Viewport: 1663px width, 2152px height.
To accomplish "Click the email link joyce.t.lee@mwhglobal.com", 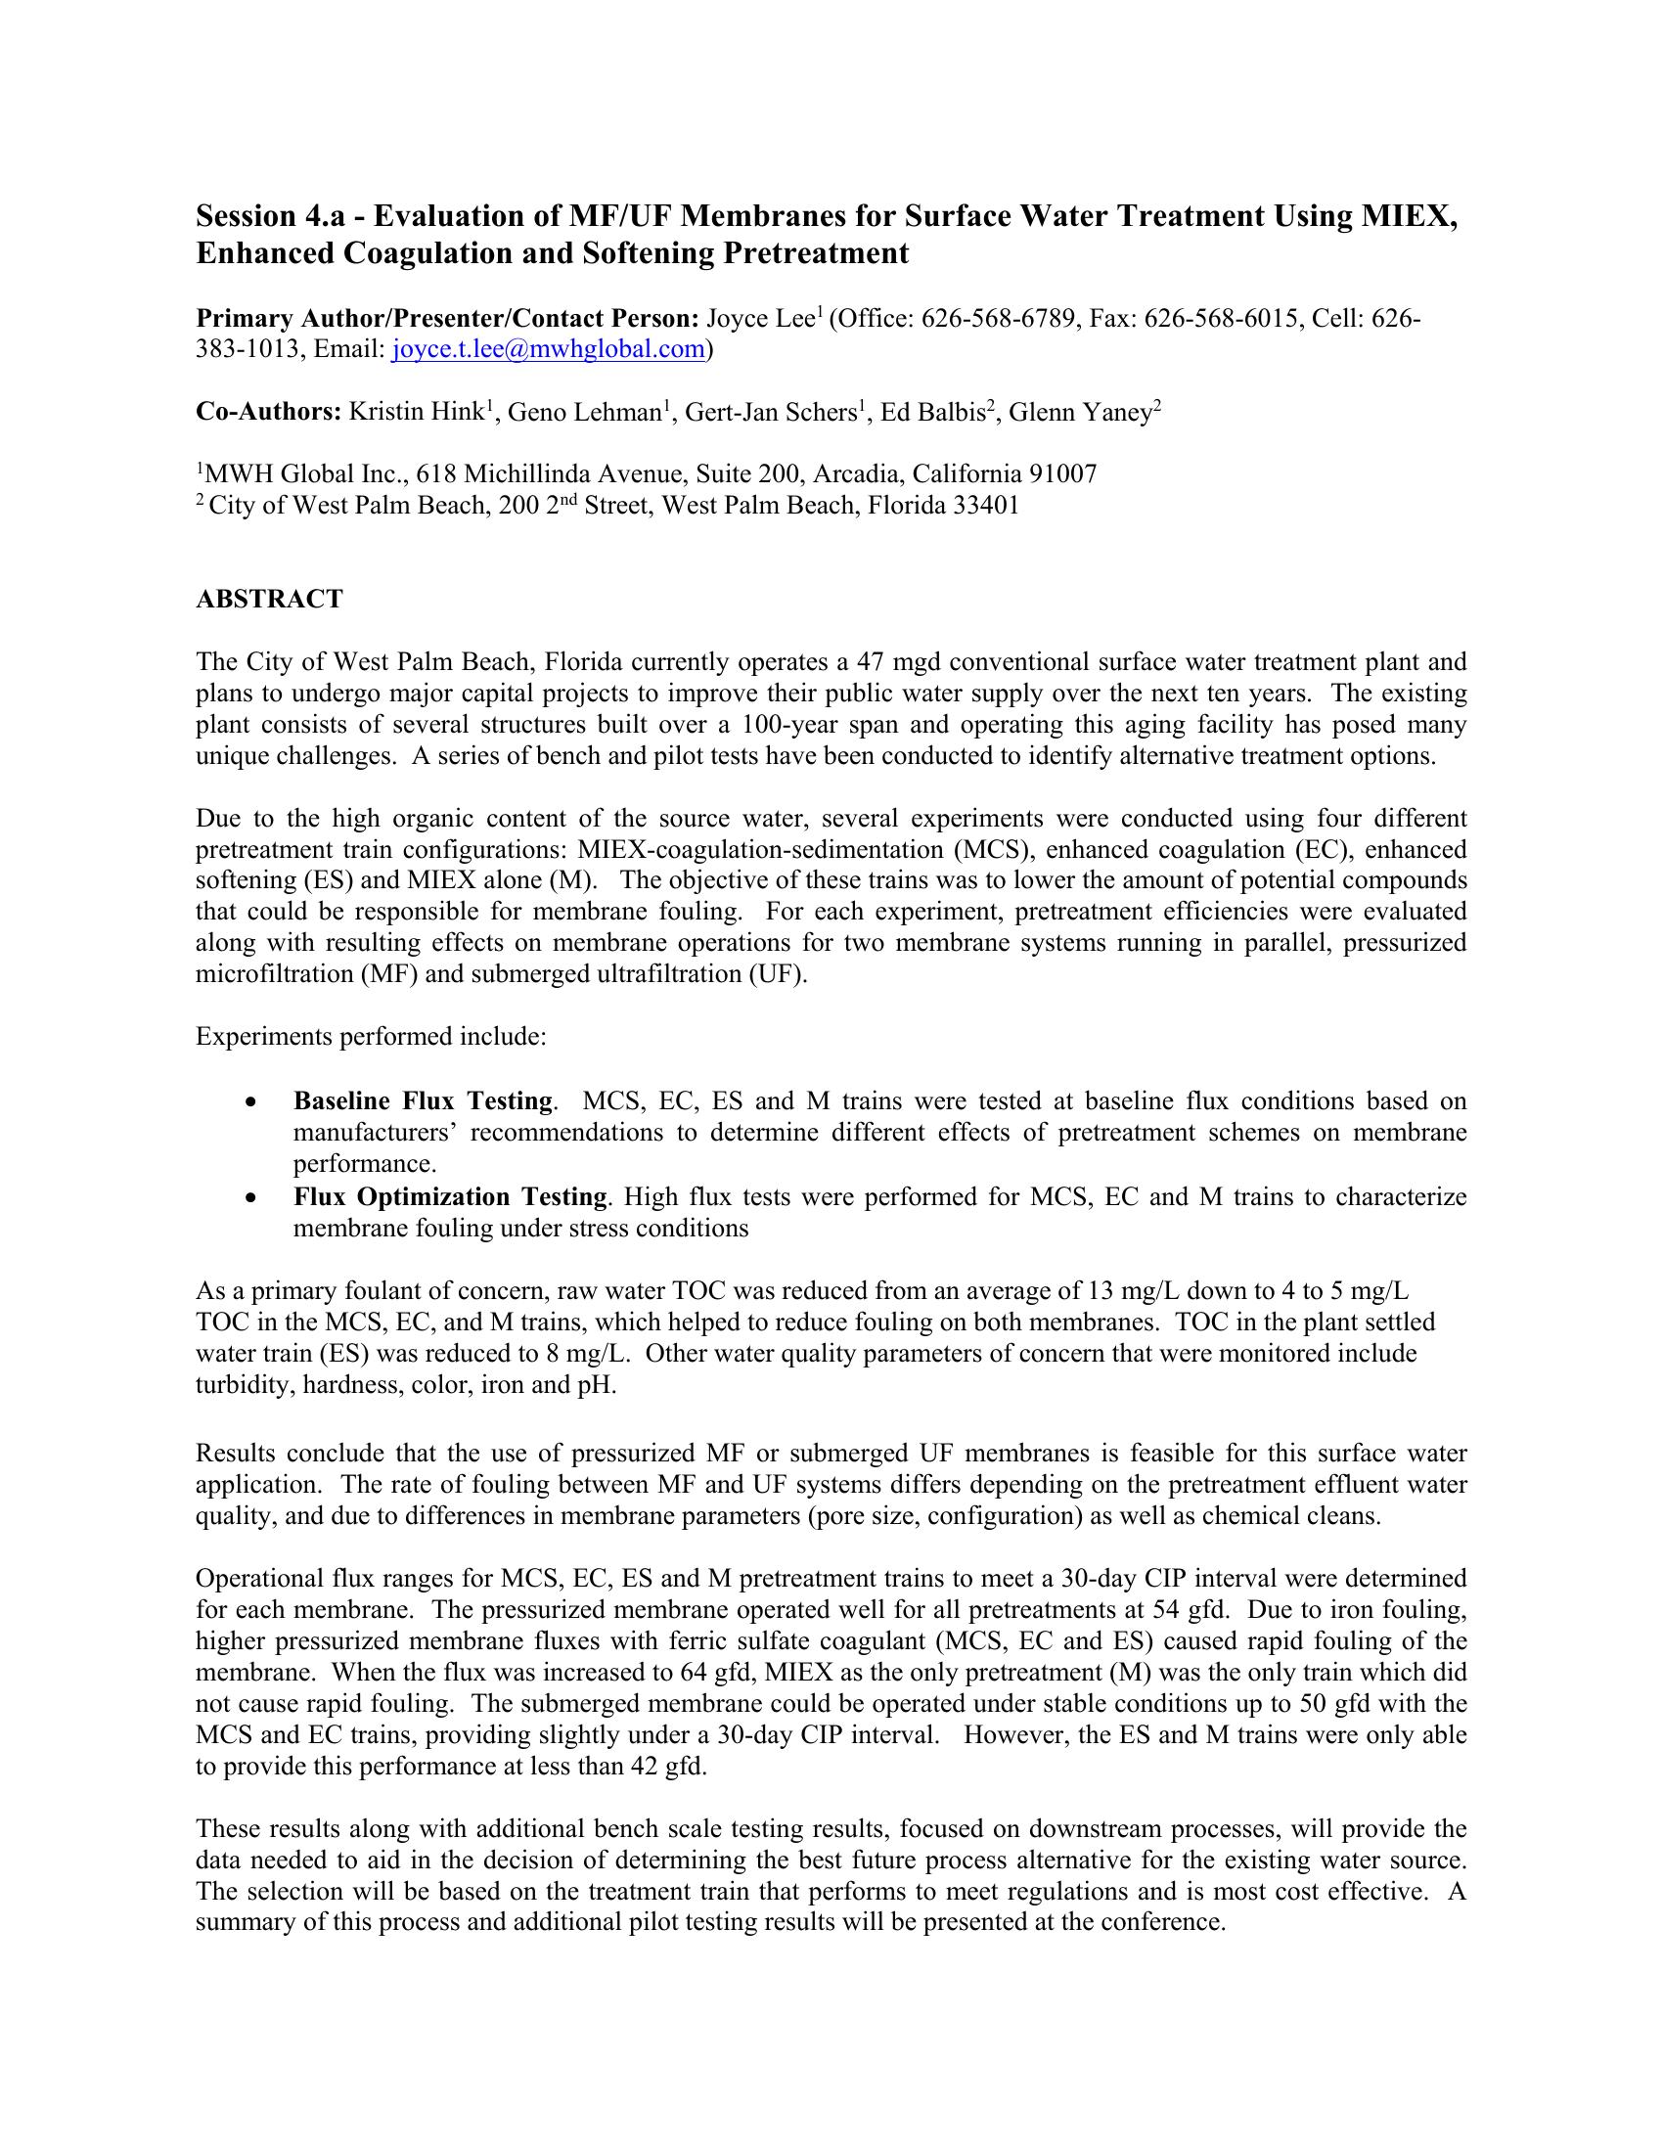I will click(x=548, y=350).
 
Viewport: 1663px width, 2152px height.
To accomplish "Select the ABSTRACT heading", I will click(x=269, y=599).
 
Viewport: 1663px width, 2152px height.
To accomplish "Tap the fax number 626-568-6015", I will click(x=1225, y=318).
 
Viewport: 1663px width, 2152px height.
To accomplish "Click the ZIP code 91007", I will click(x=1062, y=475).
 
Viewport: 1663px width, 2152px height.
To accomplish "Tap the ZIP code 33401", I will click(x=985, y=507).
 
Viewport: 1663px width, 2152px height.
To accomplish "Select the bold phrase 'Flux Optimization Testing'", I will click(x=449, y=1197).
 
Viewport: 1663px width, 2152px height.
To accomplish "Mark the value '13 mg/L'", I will click(x=1129, y=1291).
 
